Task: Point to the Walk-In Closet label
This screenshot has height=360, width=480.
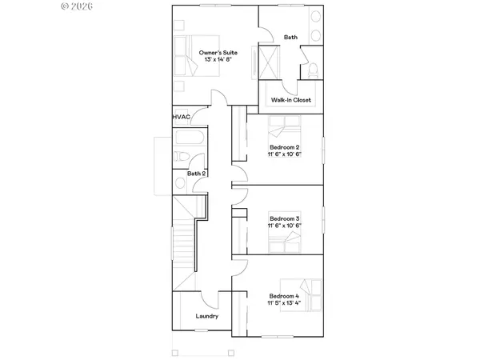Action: point(291,100)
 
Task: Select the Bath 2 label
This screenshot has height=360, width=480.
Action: point(197,174)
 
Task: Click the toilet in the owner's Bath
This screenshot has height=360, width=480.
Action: point(314,68)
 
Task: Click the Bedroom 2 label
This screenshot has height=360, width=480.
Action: point(284,147)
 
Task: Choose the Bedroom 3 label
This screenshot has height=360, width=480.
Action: point(284,218)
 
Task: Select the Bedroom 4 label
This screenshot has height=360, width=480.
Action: point(284,295)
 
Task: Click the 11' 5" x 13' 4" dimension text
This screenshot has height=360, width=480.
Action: point(284,303)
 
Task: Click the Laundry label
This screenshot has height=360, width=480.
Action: point(207,316)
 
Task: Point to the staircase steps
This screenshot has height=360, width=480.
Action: point(184,240)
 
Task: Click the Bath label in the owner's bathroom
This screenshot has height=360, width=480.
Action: point(290,37)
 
